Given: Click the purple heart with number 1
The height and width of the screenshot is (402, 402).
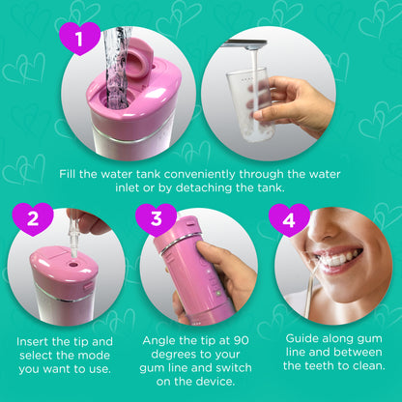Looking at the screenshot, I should click(80, 41).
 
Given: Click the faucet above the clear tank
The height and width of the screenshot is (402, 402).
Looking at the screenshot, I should click(244, 43).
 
